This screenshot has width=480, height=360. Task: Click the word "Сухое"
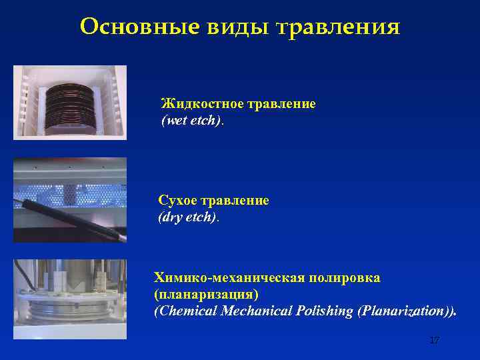[x=179, y=201]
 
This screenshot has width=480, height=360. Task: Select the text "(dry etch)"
[x=187, y=217]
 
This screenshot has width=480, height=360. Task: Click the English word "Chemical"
[x=188, y=311]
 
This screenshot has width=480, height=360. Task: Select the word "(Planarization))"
[x=407, y=311]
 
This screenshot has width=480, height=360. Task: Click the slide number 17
[x=434, y=341]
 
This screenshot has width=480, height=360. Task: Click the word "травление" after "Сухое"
[x=240, y=201]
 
